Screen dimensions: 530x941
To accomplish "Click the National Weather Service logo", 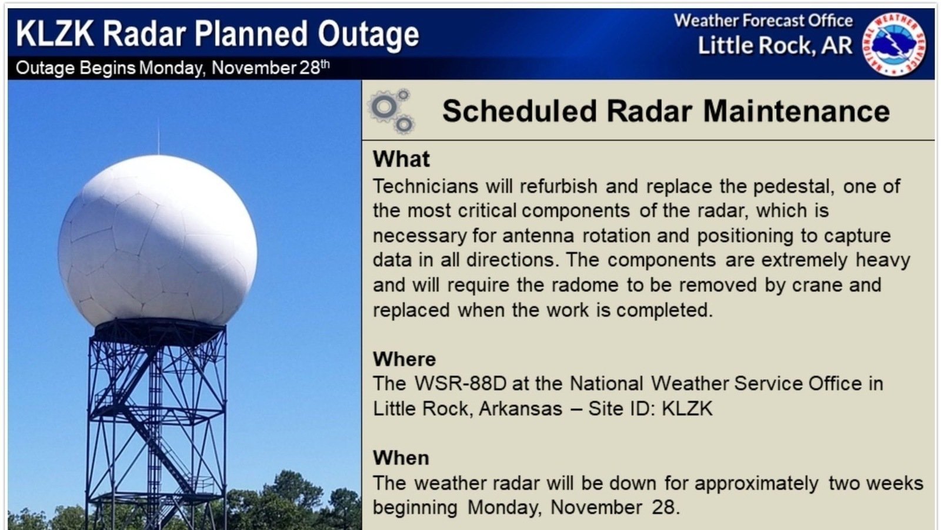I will click(x=894, y=44).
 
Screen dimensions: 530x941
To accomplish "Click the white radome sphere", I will click(x=158, y=241).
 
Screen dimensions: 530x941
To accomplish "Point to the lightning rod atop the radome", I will click(x=158, y=137).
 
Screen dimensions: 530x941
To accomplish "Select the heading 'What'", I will click(x=401, y=159).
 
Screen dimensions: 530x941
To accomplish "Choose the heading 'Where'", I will click(x=404, y=359).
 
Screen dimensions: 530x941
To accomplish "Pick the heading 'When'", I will click(x=401, y=458).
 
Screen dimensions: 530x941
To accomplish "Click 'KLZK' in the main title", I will click(x=55, y=34).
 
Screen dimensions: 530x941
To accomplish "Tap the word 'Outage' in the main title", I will click(x=368, y=34).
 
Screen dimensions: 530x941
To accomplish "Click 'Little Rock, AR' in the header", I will click(x=775, y=46).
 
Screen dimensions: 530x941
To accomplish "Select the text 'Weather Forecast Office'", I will click(x=763, y=21).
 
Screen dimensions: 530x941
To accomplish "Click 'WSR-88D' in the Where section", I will click(x=460, y=383).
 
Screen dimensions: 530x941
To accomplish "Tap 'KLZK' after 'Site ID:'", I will click(x=687, y=409).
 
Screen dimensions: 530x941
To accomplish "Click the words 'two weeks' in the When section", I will click(x=876, y=483).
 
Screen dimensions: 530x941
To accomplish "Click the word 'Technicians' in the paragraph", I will click(x=425, y=187).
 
